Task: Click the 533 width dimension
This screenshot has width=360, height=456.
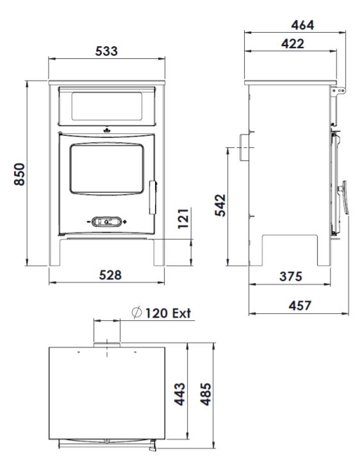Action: (x=106, y=51)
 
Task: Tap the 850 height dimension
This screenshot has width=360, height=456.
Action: (x=20, y=174)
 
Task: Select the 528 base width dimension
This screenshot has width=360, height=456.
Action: (x=110, y=275)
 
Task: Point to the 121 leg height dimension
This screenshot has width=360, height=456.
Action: (x=183, y=218)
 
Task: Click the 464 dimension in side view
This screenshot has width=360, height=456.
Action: (x=303, y=25)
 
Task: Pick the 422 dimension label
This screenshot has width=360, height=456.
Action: (x=293, y=44)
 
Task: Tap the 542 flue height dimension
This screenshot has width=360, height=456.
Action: (x=220, y=206)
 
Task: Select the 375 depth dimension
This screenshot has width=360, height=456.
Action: (x=291, y=276)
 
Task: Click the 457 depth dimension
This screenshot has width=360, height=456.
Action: (x=300, y=305)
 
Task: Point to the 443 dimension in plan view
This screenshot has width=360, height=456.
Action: (x=180, y=394)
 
